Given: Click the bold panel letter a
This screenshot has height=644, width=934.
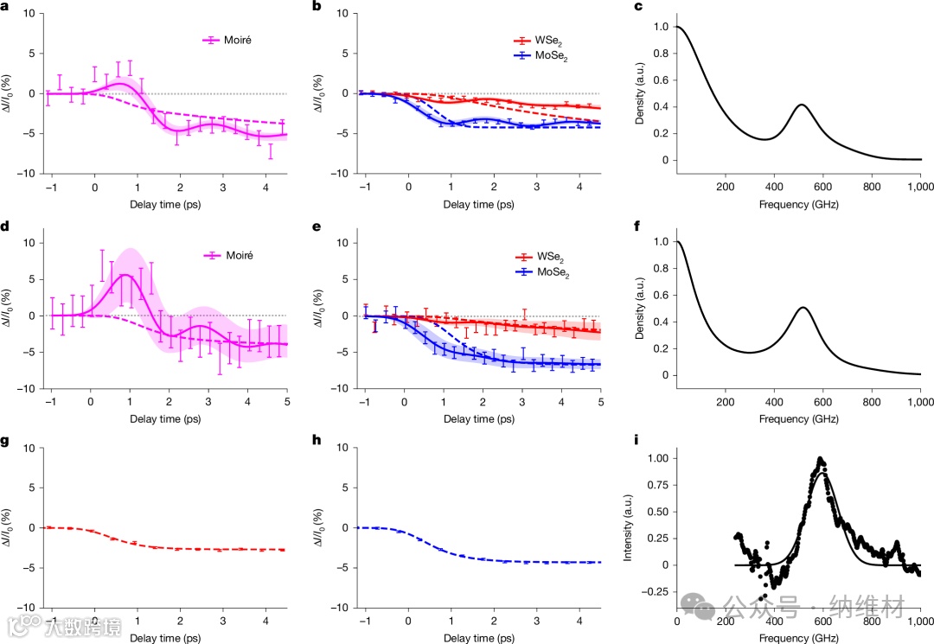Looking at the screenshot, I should (x=5, y=8).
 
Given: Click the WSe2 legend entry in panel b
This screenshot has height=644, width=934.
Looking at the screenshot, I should (x=545, y=41).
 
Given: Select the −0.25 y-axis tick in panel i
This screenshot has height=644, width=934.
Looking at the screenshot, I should (x=655, y=591).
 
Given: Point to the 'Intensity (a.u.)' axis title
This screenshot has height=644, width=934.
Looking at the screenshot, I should (x=628, y=524).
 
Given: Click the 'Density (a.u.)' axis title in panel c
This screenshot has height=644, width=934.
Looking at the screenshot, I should (x=639, y=92).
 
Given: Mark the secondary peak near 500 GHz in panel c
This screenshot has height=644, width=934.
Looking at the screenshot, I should (x=802, y=105).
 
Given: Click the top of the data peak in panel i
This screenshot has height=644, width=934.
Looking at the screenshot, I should (x=821, y=459).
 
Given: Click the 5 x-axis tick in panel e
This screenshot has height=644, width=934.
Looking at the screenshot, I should (x=600, y=402).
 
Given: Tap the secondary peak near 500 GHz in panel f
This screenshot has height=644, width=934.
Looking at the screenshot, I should (x=803, y=308).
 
